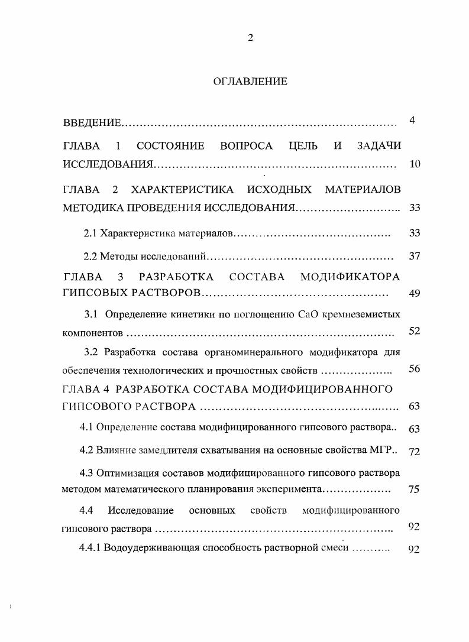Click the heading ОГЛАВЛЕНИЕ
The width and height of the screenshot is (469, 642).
point(250,82)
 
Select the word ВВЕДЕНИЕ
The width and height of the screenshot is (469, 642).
point(92,124)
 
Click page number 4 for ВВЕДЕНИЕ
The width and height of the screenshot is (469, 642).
point(412,121)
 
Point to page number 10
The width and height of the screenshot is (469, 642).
point(414,164)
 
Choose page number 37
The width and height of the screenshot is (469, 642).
point(414,256)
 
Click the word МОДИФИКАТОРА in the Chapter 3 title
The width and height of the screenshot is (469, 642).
point(350,277)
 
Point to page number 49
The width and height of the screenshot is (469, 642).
point(414,294)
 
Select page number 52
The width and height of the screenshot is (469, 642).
point(414,331)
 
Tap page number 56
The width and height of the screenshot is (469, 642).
point(414,369)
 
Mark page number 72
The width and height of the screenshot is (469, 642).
point(414,452)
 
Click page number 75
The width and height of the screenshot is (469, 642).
point(414,489)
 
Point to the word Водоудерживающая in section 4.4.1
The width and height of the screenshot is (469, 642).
point(143,547)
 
